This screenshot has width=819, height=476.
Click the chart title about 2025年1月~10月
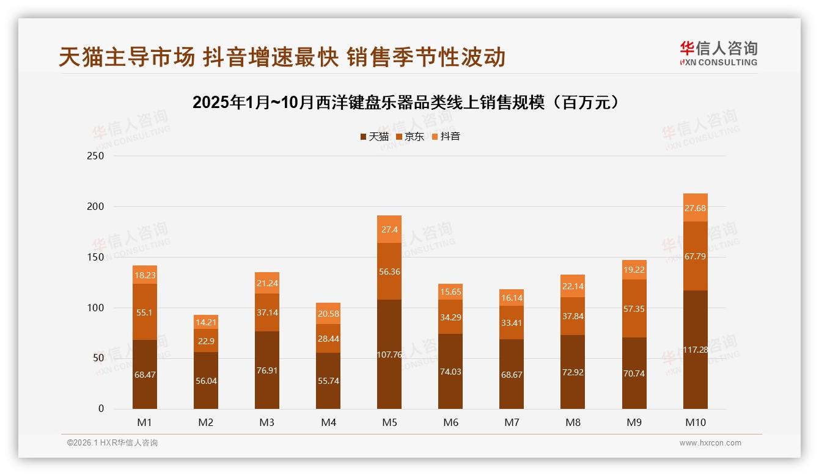(x=408, y=103)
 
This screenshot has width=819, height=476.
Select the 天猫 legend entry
(x=374, y=136)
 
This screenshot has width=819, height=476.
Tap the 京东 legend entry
(x=410, y=136)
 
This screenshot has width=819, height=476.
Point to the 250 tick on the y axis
(x=96, y=156)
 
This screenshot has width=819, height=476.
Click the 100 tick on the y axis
(x=96, y=308)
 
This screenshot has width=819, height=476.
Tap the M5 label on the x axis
(x=389, y=422)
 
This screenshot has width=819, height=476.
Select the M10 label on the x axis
(x=695, y=422)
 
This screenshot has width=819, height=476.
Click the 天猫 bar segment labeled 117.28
(x=695, y=350)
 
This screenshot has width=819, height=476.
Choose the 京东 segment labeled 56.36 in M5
(x=389, y=272)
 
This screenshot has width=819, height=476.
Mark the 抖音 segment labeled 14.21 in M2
(x=206, y=322)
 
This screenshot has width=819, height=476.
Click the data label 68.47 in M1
(x=145, y=375)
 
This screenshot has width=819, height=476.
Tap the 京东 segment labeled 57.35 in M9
(x=634, y=309)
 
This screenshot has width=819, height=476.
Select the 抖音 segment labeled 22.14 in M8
(x=573, y=286)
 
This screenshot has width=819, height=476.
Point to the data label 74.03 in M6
(x=450, y=372)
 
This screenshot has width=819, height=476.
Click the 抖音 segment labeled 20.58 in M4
(x=328, y=313)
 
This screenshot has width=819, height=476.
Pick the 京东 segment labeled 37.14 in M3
(x=267, y=312)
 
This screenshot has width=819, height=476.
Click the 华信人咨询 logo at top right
(x=718, y=53)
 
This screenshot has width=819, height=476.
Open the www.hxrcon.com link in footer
(x=710, y=443)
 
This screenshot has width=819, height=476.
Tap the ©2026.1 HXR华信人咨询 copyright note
(x=112, y=443)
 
